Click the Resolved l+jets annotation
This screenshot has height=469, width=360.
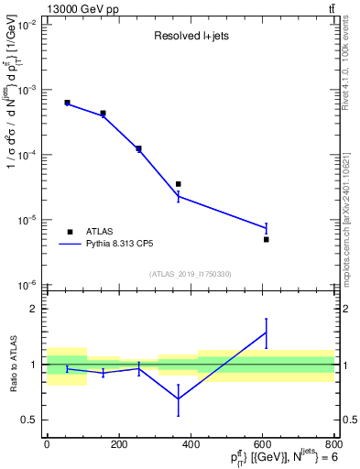(189, 38)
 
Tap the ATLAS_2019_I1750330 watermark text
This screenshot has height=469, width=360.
(190, 274)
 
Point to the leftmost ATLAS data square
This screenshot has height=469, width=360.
(67, 103)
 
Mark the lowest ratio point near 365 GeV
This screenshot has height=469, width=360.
(178, 399)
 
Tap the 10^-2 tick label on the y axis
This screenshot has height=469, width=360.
(27, 25)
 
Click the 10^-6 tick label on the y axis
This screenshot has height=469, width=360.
(27, 285)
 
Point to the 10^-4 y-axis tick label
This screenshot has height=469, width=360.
(27, 155)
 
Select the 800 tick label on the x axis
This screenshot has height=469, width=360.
(333, 443)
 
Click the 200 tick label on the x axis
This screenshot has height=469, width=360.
(118, 443)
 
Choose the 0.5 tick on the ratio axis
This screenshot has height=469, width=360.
(31, 420)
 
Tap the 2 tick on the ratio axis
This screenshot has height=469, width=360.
(35, 309)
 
